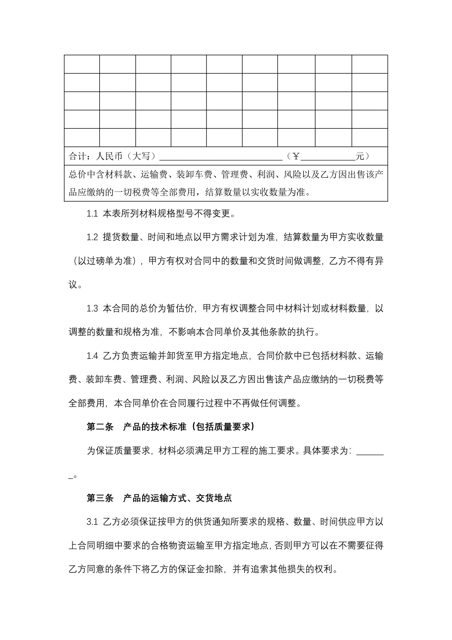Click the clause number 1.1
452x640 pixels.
coord(92,214)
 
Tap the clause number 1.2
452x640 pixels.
coord(92,237)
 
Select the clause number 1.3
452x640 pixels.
coord(92,308)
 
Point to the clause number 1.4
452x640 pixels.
coord(92,356)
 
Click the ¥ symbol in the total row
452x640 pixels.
coord(296,156)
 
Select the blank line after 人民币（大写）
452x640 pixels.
coord(221,158)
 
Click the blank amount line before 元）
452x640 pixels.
coord(328,158)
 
